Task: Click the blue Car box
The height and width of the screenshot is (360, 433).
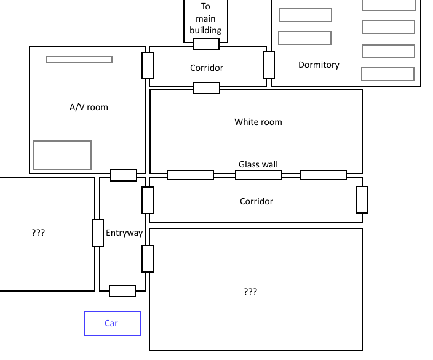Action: pyautogui.click(x=112, y=323)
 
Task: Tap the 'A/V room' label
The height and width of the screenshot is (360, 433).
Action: pyautogui.click(x=89, y=107)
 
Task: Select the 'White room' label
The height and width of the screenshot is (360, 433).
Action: pyautogui.click(x=258, y=122)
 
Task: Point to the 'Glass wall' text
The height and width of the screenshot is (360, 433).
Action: pyautogui.click(x=258, y=164)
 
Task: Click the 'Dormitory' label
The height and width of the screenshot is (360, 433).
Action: pyautogui.click(x=319, y=65)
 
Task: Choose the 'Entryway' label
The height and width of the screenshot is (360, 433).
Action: pyautogui.click(x=124, y=233)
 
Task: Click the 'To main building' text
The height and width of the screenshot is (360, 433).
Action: pyautogui.click(x=205, y=18)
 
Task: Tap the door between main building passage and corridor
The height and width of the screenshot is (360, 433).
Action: pyautogui.click(x=206, y=44)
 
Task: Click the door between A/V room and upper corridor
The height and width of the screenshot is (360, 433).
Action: pyautogui.click(x=148, y=65)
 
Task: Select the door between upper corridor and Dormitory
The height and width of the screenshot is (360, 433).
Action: pyautogui.click(x=269, y=65)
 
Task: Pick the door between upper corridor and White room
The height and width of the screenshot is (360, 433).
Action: pyautogui.click(x=207, y=88)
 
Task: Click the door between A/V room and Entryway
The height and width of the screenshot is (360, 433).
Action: pyautogui.click(x=124, y=175)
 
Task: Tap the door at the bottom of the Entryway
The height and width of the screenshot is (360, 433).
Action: pyautogui.click(x=122, y=291)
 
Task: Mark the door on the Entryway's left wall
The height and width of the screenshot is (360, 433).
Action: pyautogui.click(x=98, y=233)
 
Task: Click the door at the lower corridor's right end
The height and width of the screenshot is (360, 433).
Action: pyautogui.click(x=362, y=199)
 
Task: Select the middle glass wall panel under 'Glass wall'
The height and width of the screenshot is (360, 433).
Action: pyautogui.click(x=258, y=175)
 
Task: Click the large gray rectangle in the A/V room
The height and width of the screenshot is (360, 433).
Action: pyautogui.click(x=62, y=155)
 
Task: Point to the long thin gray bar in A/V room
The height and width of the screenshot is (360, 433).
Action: pyautogui.click(x=79, y=60)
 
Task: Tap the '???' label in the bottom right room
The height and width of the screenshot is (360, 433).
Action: pyautogui.click(x=250, y=292)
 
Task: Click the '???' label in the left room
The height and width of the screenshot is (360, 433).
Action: pyautogui.click(x=38, y=233)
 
